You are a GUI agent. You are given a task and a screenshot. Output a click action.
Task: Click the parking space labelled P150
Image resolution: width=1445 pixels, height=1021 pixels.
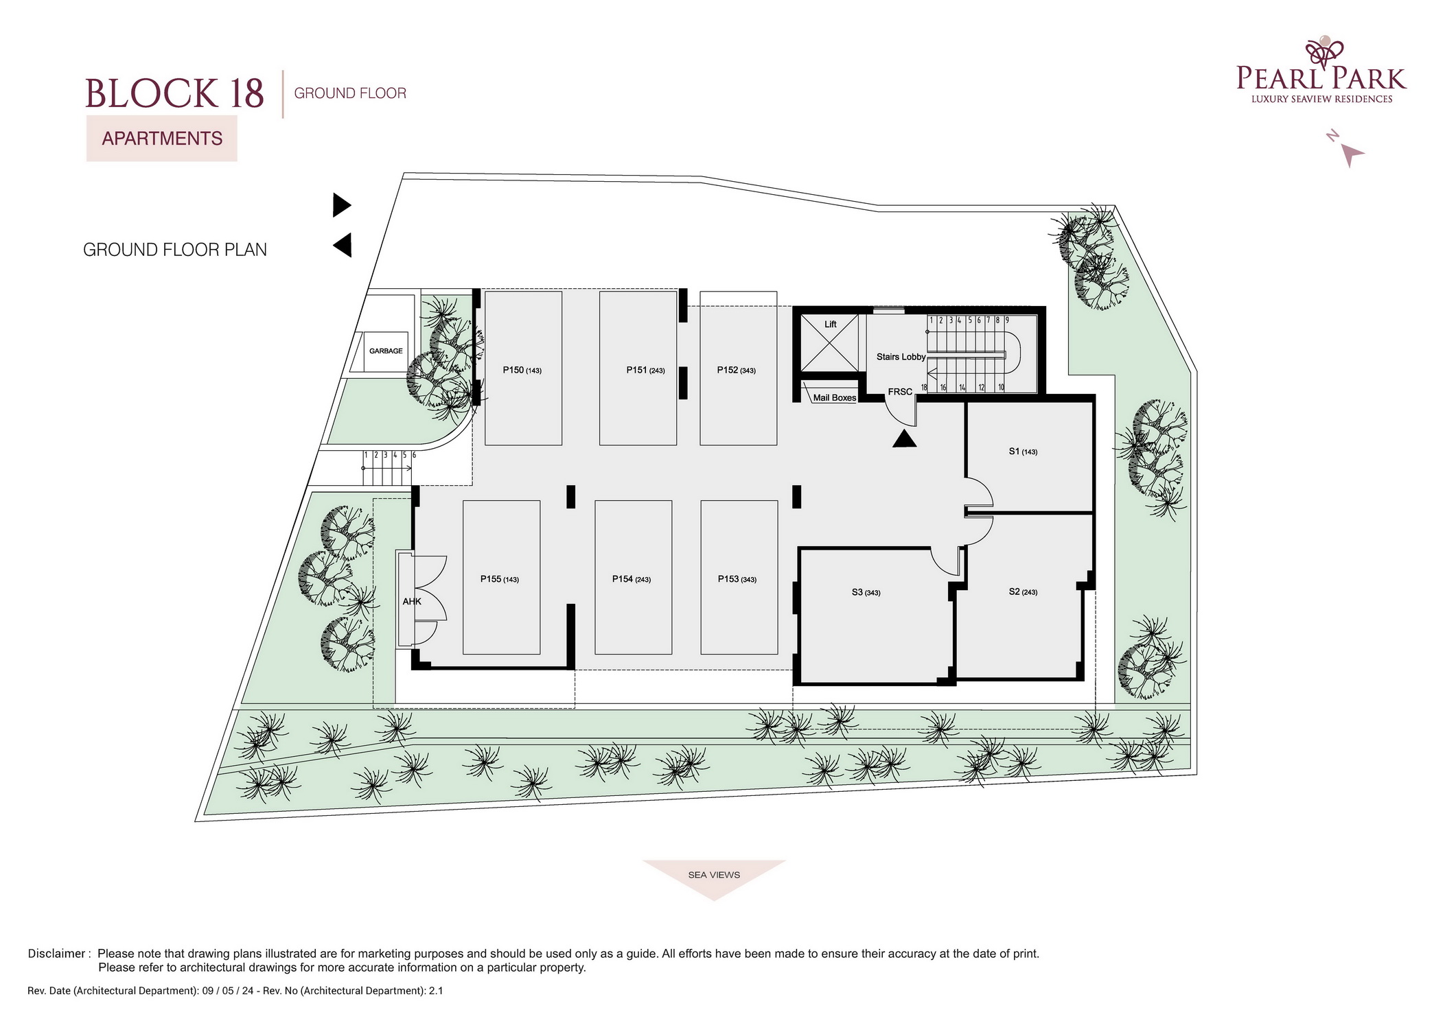click(523, 368)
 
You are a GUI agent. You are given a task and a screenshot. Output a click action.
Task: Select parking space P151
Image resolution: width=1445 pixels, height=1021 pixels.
click(638, 368)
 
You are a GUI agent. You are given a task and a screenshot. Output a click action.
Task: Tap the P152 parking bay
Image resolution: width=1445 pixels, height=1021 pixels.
click(739, 368)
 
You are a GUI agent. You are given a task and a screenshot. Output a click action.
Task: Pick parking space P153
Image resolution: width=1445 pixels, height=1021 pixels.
click(739, 577)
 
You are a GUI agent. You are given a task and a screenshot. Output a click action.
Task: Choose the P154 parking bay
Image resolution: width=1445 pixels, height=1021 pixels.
click(634, 577)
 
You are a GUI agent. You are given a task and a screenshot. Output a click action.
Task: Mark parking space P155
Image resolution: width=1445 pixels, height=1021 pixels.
click(502, 577)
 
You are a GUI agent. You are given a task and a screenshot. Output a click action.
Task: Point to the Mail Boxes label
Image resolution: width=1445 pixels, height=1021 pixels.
click(835, 398)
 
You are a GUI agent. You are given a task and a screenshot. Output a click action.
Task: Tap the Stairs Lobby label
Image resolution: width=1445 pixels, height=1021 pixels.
click(901, 357)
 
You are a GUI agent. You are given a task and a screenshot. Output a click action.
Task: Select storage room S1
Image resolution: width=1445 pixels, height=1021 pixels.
click(1029, 456)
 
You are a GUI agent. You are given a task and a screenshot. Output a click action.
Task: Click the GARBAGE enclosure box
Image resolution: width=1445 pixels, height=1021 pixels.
click(386, 351)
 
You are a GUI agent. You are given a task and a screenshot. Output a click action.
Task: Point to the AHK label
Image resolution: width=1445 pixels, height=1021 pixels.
click(412, 602)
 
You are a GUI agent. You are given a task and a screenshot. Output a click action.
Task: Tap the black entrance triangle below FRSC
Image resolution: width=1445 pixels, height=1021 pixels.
click(905, 439)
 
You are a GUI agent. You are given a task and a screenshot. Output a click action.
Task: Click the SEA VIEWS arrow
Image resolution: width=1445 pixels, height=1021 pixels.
click(714, 878)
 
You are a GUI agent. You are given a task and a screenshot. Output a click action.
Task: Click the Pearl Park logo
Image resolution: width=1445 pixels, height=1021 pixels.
click(1321, 71)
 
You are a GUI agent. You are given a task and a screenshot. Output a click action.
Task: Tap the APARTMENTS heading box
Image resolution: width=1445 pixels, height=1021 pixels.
click(162, 139)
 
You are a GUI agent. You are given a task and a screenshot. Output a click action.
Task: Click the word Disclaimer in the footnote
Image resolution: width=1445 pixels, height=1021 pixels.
click(56, 954)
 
